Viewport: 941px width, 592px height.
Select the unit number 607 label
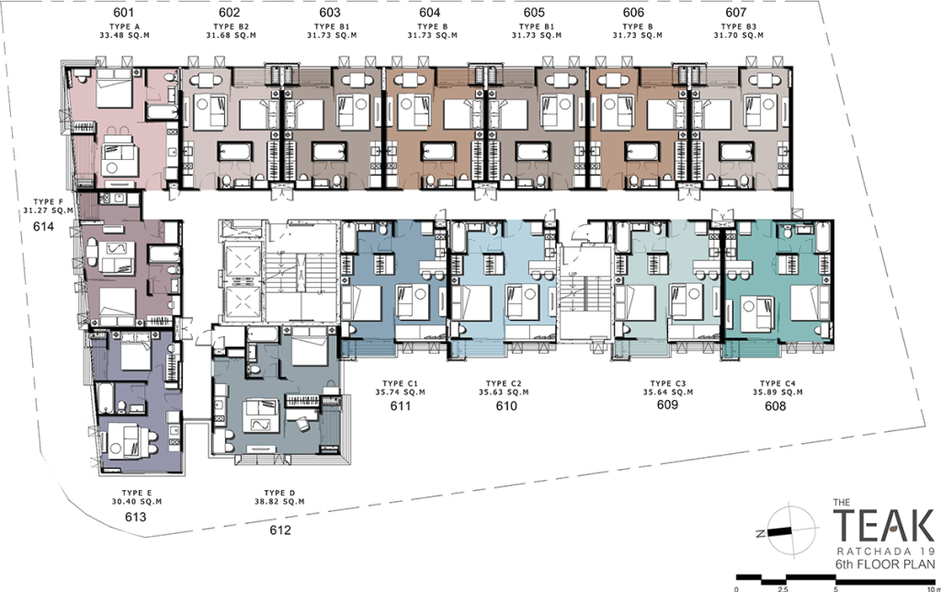[736, 13]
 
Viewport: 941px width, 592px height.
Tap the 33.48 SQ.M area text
[124, 36]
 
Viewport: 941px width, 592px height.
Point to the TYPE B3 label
[739, 27]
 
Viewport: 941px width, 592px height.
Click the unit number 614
[44, 226]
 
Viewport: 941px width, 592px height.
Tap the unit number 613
[136, 517]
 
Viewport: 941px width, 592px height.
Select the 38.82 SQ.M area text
[279, 502]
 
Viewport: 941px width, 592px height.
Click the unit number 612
[280, 530]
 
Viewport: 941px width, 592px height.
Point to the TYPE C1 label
[401, 383]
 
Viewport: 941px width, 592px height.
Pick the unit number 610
[506, 406]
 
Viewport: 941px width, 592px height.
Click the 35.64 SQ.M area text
[668, 393]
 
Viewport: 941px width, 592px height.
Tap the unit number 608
[776, 406]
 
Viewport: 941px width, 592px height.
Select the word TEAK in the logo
[883, 527]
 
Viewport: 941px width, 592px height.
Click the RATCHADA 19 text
[887, 552]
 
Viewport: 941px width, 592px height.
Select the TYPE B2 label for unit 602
[231, 27]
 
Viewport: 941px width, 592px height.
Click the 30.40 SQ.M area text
[137, 502]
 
